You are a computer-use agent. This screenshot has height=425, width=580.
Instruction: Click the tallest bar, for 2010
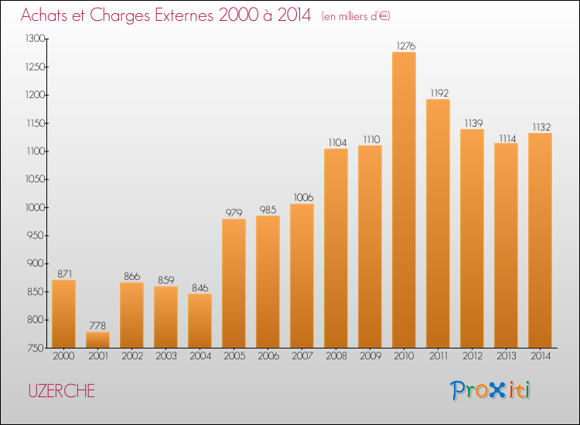404,199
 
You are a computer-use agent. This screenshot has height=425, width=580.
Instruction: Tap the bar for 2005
234,283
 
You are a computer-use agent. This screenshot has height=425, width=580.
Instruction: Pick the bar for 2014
540,240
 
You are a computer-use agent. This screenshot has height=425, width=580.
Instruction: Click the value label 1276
404,46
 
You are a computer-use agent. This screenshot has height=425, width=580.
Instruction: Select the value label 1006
302,198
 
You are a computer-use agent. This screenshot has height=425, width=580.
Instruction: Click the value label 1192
438,93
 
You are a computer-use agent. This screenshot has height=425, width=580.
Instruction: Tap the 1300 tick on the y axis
36,39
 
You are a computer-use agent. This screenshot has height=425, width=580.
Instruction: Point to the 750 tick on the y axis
37,348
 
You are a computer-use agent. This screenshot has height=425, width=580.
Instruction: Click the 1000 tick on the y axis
36,207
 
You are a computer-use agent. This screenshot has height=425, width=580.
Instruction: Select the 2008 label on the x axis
336,356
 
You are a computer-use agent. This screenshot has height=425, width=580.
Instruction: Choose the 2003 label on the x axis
165,356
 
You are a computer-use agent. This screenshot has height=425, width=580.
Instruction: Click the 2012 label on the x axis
472,356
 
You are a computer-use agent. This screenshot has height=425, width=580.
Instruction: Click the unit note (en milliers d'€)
361,16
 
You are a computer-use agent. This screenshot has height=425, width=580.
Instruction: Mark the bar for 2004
200,320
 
